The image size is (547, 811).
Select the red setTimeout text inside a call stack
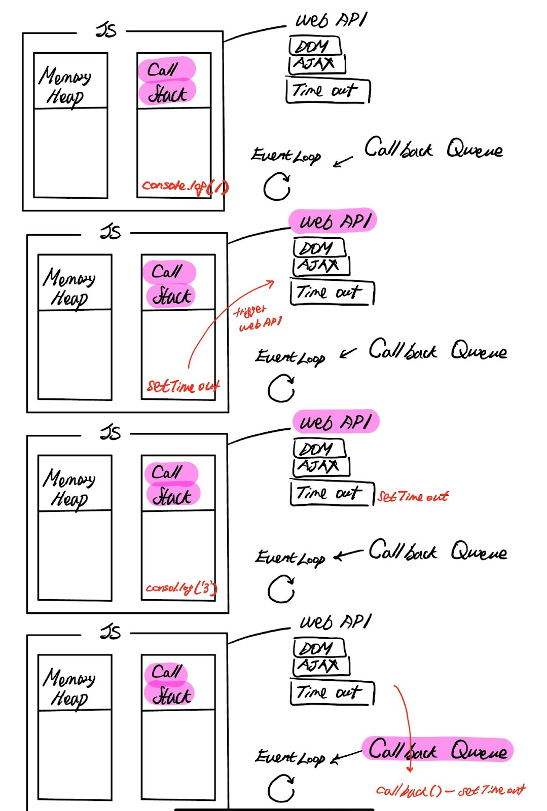pyautogui.click(x=183, y=387)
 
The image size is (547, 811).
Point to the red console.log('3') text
pyautogui.click(x=181, y=588)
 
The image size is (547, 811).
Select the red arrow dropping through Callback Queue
pyautogui.click(x=405, y=725)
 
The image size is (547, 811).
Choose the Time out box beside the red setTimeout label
pyautogui.click(x=332, y=493)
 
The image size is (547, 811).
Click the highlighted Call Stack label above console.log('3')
pyautogui.click(x=171, y=484)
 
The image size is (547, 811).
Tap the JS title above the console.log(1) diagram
pyautogui.click(x=106, y=30)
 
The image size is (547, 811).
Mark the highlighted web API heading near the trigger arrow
pyautogui.click(x=333, y=222)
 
